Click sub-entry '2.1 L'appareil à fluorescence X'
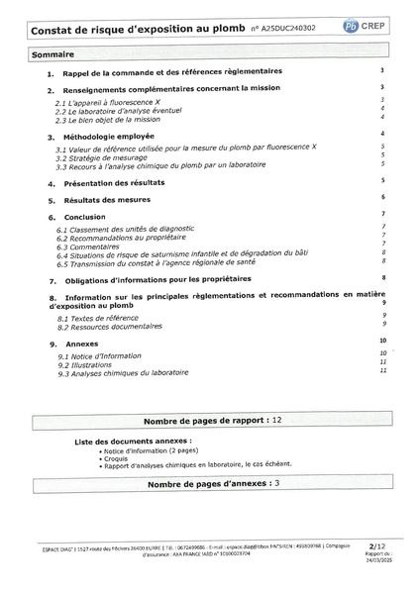[x=110, y=102]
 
